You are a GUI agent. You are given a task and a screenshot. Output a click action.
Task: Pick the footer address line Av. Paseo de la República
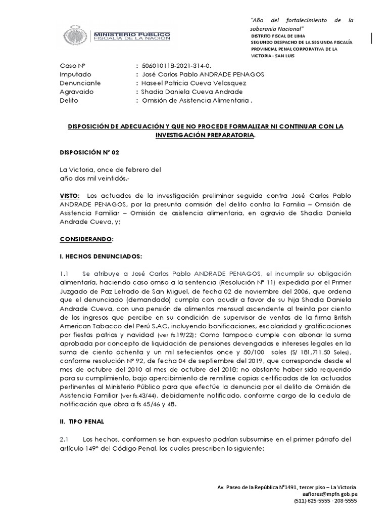click(x=286, y=487)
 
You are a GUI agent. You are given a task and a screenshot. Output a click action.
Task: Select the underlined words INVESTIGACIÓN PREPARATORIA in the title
click(x=206, y=135)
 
